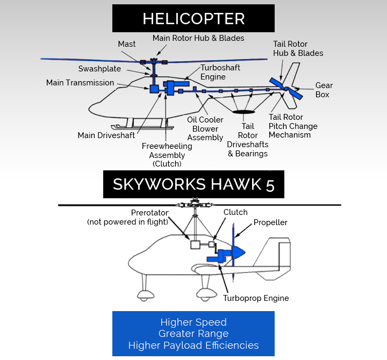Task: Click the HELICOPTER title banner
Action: pos(193,19)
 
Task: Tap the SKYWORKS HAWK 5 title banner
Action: pos(193,185)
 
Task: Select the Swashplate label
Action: pos(99,69)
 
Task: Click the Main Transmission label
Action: pos(80,83)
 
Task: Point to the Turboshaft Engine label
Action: pos(220,73)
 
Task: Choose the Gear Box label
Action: pos(324,90)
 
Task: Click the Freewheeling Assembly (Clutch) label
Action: pos(167,155)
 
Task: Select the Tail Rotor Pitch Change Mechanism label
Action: pos(293,126)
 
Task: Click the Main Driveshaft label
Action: pos(106,135)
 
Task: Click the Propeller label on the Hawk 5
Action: pos(270,222)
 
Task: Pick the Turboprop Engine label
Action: pos(256,298)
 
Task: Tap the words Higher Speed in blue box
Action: pos(193,322)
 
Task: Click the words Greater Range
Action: pos(193,334)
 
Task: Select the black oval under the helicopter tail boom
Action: pos(245,112)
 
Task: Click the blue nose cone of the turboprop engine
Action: pos(239,252)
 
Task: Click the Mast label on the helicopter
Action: pos(127,44)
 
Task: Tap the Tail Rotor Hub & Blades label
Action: pos(298,48)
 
